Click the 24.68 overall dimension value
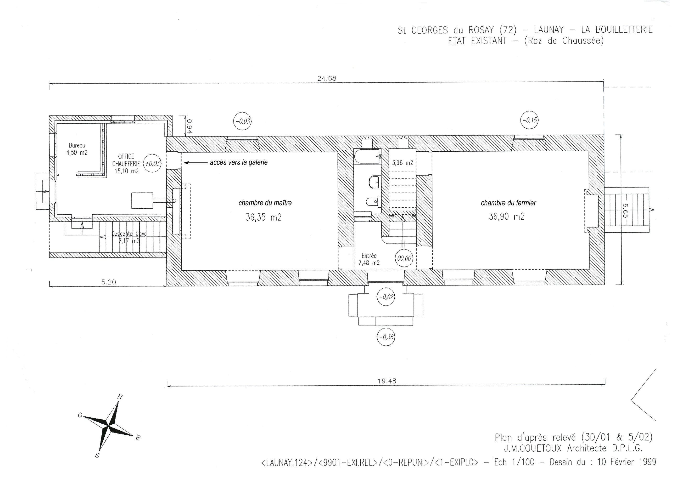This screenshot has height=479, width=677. coord(327,79)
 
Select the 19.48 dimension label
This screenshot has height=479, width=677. coord(387,381)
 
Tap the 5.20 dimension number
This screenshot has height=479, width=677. coord(109,282)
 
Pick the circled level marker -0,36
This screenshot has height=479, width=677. coord(386,337)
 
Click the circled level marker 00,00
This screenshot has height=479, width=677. coord(404,258)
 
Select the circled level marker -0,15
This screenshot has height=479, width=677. coord(530,120)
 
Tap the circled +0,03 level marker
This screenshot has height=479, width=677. coord(152,163)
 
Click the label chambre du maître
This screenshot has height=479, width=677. coord(265,203)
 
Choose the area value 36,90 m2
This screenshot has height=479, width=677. coord(507,217)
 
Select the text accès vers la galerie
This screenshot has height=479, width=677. coord(239,162)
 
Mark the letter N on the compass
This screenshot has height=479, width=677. coord(120,397)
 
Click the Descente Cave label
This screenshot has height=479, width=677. coord(129,234)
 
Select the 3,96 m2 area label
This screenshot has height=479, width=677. coord(403,163)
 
